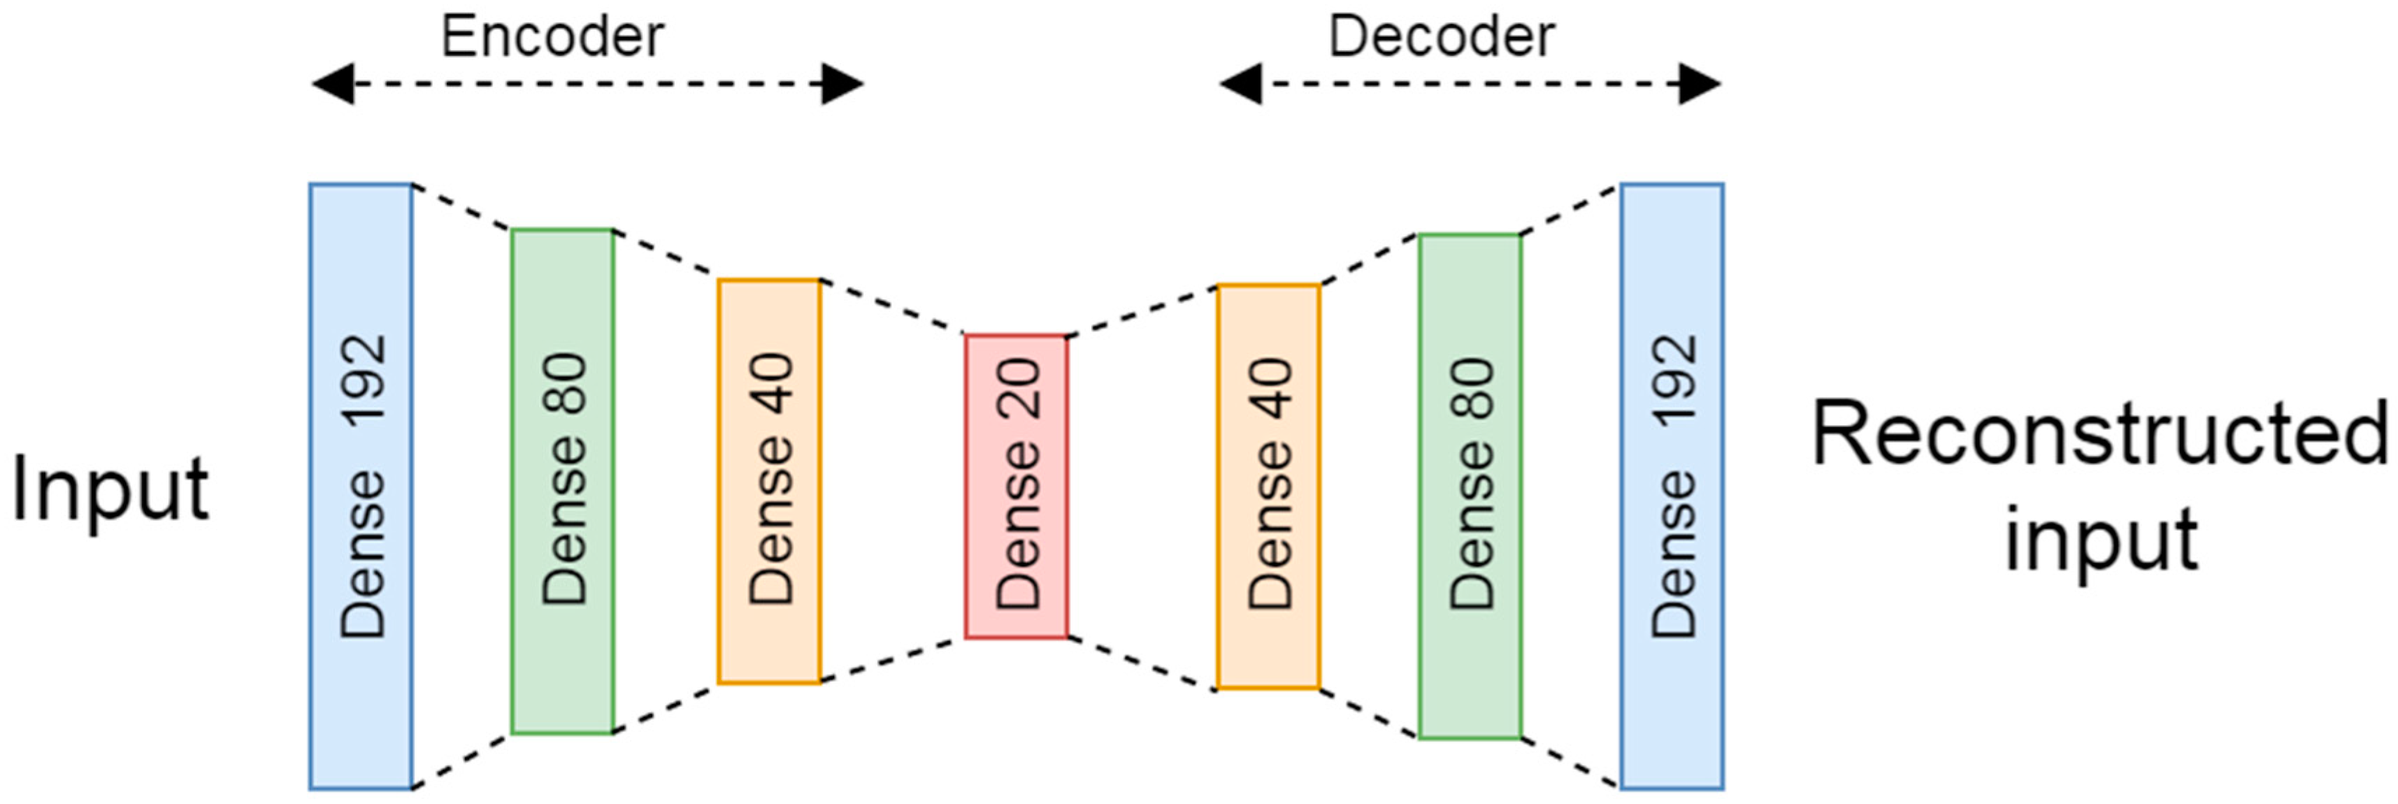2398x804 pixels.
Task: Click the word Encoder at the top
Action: [552, 37]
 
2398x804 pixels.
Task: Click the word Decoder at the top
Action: [1441, 37]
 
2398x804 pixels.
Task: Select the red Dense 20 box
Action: [1017, 487]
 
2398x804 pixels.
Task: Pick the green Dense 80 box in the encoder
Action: [562, 482]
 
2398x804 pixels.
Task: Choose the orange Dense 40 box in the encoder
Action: [769, 482]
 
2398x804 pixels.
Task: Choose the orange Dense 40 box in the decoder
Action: [1269, 487]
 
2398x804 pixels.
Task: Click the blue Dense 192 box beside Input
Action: [361, 487]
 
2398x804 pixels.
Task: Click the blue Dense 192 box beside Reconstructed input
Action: [1672, 487]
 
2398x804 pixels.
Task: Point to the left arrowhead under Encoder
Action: [332, 85]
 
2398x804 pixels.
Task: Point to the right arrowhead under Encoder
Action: [842, 85]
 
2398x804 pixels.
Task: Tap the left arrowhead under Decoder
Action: [1240, 85]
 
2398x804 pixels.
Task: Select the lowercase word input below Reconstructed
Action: [2100, 540]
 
